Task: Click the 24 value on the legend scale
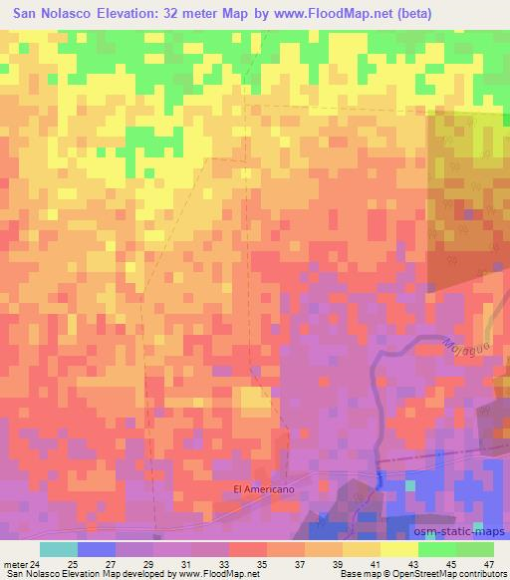coord(39,563)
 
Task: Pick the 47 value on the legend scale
coord(487,563)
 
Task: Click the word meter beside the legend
coord(17,563)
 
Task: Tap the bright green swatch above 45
coord(436,549)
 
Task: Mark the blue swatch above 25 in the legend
coord(96,549)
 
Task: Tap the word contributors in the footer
coord(479,574)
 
